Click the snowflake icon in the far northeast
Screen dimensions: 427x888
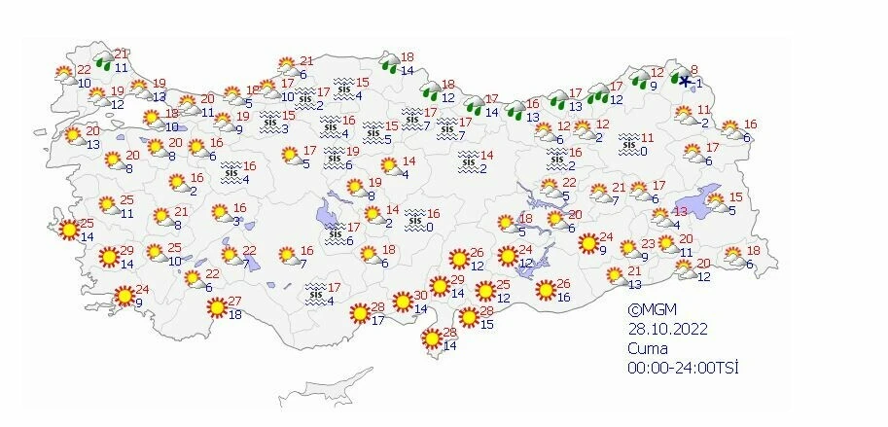coord(686,82)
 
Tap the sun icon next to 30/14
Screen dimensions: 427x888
coord(403,302)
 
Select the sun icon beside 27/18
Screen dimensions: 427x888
coord(216,307)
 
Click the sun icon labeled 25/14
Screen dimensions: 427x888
coord(68,231)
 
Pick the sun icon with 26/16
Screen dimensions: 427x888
coord(546,290)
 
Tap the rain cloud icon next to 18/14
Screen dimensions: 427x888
coord(389,65)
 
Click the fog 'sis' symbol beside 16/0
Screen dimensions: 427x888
coord(415,220)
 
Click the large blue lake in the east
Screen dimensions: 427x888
coord(707,197)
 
